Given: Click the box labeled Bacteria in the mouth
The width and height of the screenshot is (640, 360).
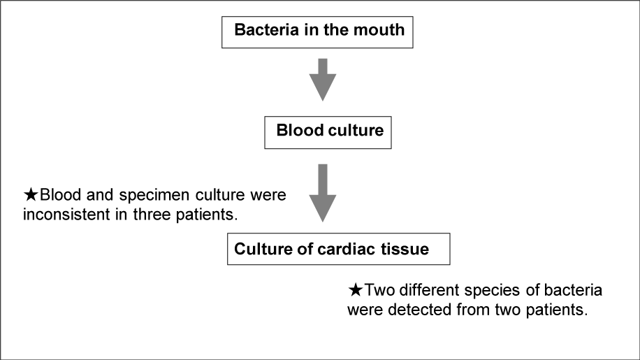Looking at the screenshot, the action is [317, 32].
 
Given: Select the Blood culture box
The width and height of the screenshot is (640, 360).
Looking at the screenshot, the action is [328, 132].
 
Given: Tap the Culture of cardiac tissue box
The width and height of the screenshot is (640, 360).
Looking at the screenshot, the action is [338, 249].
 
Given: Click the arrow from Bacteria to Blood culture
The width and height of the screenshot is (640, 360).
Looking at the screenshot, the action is [323, 80].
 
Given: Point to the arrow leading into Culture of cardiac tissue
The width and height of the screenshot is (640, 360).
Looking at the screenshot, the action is [323, 193].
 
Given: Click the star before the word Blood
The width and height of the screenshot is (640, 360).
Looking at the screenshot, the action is [31, 195].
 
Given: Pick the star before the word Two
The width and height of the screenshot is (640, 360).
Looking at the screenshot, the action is [356, 290].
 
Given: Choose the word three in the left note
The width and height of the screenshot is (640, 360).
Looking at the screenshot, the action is [152, 215].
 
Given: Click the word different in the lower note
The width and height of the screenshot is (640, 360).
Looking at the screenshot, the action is [430, 290].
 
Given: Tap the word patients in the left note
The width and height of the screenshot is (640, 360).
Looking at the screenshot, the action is [207, 215].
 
